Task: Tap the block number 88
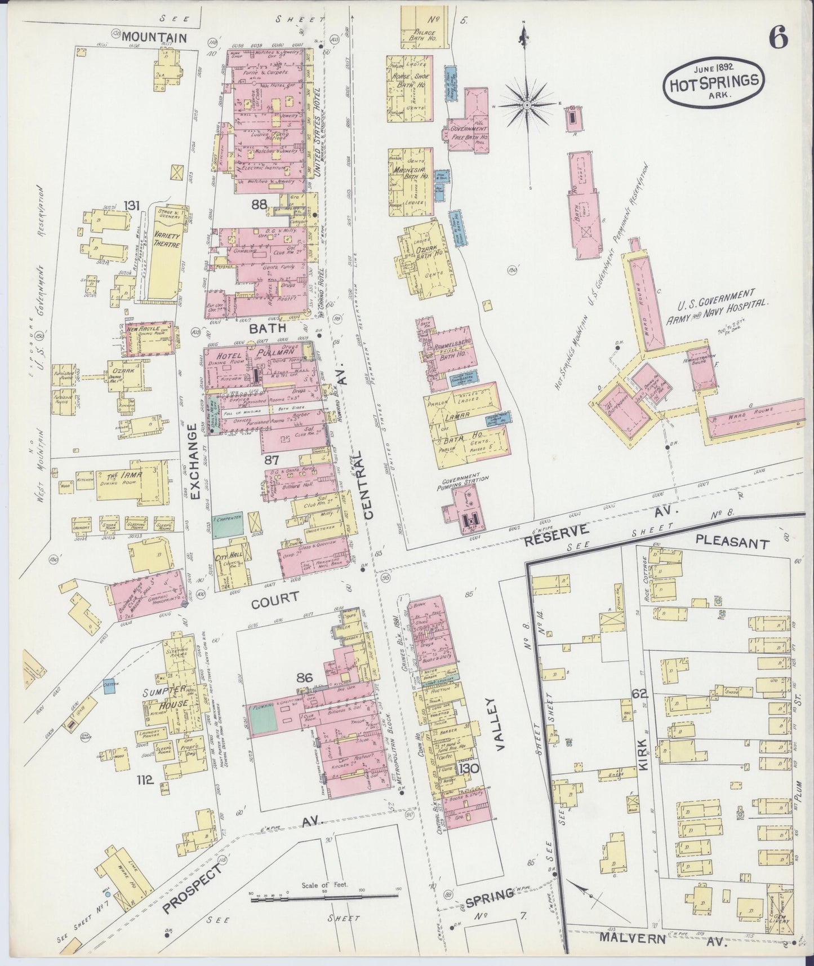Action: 259,205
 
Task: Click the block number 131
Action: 132,206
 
